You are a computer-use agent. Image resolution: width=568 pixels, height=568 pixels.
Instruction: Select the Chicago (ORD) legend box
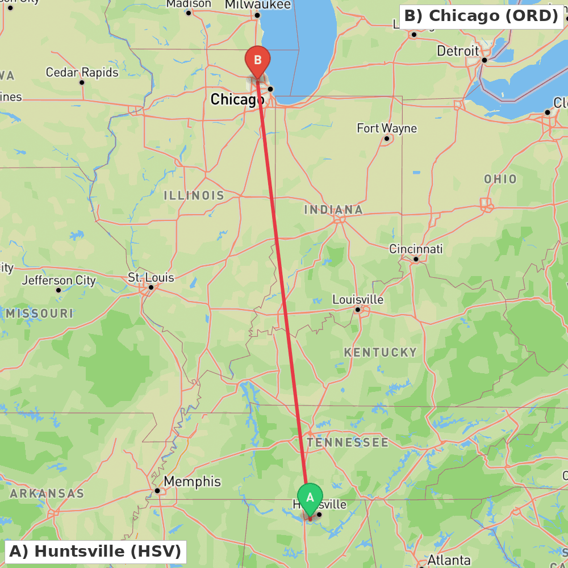pyautogui.click(x=481, y=16)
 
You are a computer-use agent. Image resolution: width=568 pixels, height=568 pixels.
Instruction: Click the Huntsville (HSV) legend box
pyautogui.click(x=95, y=551)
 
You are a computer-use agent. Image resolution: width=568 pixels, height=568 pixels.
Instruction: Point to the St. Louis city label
pyautogui.click(x=151, y=278)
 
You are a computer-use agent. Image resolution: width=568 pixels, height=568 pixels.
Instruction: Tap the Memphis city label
pyautogui.click(x=192, y=482)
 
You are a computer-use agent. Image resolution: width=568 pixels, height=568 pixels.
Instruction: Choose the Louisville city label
pyautogui.click(x=358, y=299)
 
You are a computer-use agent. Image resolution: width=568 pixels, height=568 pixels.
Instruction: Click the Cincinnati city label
pyautogui.click(x=416, y=249)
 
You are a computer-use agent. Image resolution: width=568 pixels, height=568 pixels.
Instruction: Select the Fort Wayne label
pyautogui.click(x=387, y=128)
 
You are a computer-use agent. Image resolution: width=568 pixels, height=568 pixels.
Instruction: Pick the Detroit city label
pyautogui.click(x=458, y=51)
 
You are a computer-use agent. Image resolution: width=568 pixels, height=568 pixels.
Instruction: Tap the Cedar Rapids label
pyautogui.click(x=82, y=73)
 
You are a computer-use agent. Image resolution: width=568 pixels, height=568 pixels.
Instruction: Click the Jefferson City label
pyautogui.click(x=59, y=280)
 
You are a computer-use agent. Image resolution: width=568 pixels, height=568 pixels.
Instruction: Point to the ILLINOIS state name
pyautogui.click(x=194, y=195)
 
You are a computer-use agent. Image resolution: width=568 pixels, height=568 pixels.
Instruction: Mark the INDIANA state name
pyautogui.click(x=333, y=210)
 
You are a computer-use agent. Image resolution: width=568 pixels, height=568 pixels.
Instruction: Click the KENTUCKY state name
pyautogui.click(x=381, y=352)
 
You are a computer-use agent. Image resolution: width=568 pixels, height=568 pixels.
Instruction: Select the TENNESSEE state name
pyautogui.click(x=348, y=442)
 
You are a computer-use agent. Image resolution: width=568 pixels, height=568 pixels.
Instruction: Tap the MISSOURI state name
pyautogui.click(x=40, y=313)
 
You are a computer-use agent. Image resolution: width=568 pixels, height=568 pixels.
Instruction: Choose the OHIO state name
pyautogui.click(x=500, y=179)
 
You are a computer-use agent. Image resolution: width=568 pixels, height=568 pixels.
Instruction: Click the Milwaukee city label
pyautogui.click(x=258, y=5)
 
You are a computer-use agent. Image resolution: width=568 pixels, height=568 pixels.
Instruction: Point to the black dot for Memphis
pyautogui.click(x=157, y=491)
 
